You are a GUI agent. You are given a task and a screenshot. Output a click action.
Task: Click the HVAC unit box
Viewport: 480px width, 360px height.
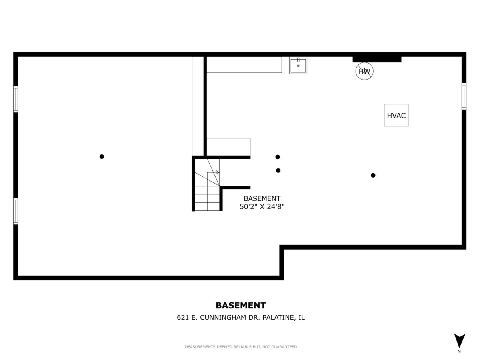[396, 115]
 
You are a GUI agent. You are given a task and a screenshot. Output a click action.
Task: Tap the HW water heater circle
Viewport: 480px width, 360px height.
[364, 71]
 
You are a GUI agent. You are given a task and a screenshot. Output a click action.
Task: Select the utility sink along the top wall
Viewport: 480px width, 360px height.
[298, 65]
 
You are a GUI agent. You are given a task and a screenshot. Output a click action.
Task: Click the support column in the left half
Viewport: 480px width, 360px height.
[102, 156]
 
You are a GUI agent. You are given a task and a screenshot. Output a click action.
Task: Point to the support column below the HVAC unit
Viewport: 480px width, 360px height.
[373, 175]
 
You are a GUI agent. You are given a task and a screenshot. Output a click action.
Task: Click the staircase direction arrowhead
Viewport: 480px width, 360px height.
[218, 172]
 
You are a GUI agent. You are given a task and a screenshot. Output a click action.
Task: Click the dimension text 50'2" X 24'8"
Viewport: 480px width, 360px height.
[262, 206]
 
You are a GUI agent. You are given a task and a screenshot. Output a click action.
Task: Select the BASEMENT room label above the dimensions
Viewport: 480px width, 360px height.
[262, 198]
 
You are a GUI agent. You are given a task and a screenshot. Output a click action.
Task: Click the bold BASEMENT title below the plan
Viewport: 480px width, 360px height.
[241, 305]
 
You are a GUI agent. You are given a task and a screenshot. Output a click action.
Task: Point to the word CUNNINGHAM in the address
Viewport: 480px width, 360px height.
[223, 318]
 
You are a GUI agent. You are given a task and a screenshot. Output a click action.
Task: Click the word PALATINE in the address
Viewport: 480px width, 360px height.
[278, 318]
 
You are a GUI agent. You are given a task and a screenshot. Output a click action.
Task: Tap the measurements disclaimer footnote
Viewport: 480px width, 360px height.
[241, 347]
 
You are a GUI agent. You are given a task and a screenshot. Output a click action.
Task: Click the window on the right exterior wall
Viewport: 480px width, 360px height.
[464, 96]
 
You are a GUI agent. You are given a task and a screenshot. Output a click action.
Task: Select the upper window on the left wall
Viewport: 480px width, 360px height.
[16, 99]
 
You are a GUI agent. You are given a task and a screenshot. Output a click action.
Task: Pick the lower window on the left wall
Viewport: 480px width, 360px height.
[16, 211]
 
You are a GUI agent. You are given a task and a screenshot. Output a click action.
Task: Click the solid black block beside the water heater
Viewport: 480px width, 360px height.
[377, 59]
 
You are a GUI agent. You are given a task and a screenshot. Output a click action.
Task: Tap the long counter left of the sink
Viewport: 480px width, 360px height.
[244, 65]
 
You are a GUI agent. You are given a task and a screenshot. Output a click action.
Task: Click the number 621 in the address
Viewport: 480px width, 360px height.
[183, 318]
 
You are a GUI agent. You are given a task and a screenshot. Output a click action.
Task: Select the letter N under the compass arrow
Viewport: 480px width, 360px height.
[459, 352]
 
